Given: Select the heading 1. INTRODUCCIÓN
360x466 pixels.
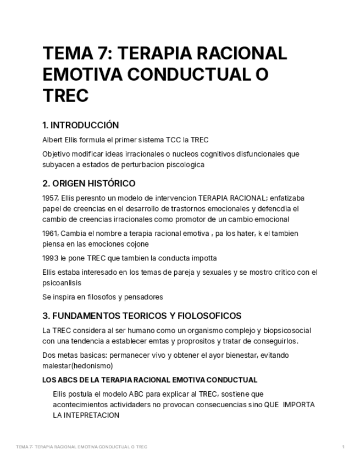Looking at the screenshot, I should point(80,125).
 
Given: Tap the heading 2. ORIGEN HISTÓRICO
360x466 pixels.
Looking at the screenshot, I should point(88,184).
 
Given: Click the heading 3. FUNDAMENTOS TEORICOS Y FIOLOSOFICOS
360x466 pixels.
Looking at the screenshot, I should point(142,316).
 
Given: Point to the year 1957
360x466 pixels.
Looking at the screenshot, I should point(50,198).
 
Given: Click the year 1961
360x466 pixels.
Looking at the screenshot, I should point(50,234).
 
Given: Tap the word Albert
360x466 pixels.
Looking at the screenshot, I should point(53,140).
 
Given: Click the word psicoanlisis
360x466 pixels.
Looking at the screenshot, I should point(62,283).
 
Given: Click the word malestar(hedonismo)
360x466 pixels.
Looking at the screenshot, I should point(77,366).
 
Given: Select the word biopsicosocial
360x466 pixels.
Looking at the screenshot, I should point(286,331).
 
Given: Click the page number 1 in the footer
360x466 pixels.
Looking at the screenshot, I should point(344,447).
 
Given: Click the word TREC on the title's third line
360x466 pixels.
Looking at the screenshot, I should point(65,96).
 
